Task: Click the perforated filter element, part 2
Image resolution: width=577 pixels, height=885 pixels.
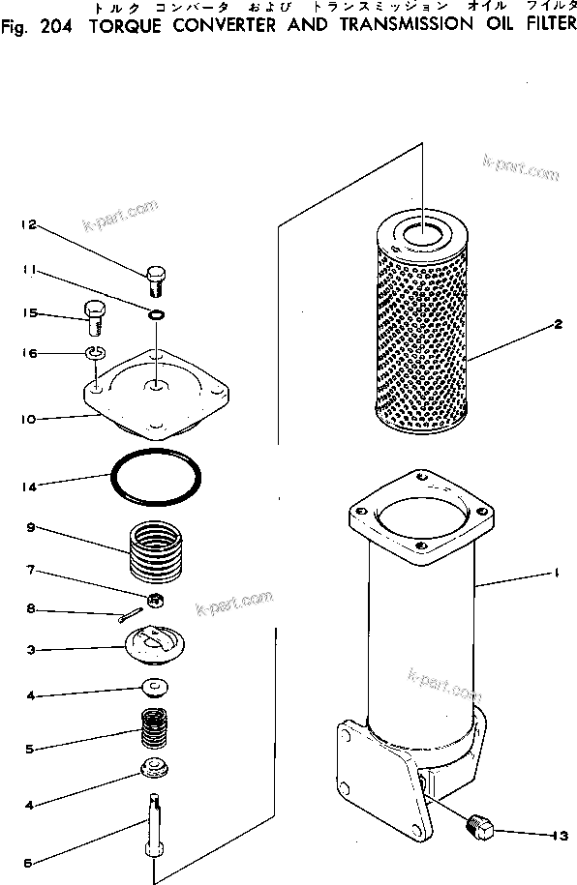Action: tap(423, 329)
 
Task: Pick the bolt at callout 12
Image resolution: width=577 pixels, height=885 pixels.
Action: tap(156, 280)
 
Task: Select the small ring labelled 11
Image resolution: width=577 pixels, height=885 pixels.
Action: tap(155, 312)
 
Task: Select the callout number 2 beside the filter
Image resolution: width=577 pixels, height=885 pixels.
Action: tap(559, 325)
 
